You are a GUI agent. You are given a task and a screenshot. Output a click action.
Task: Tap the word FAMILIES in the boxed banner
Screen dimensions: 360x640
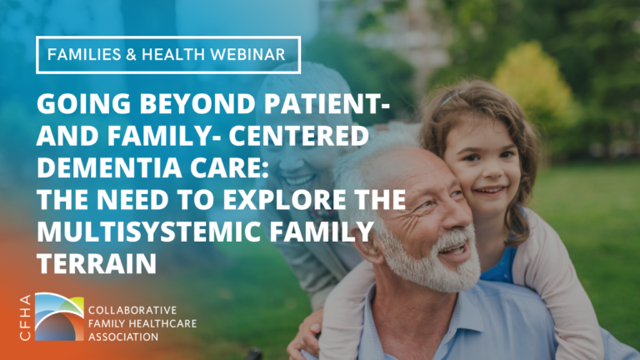click(82, 55)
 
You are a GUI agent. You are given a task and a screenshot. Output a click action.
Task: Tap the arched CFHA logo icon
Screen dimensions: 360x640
click(57, 316)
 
